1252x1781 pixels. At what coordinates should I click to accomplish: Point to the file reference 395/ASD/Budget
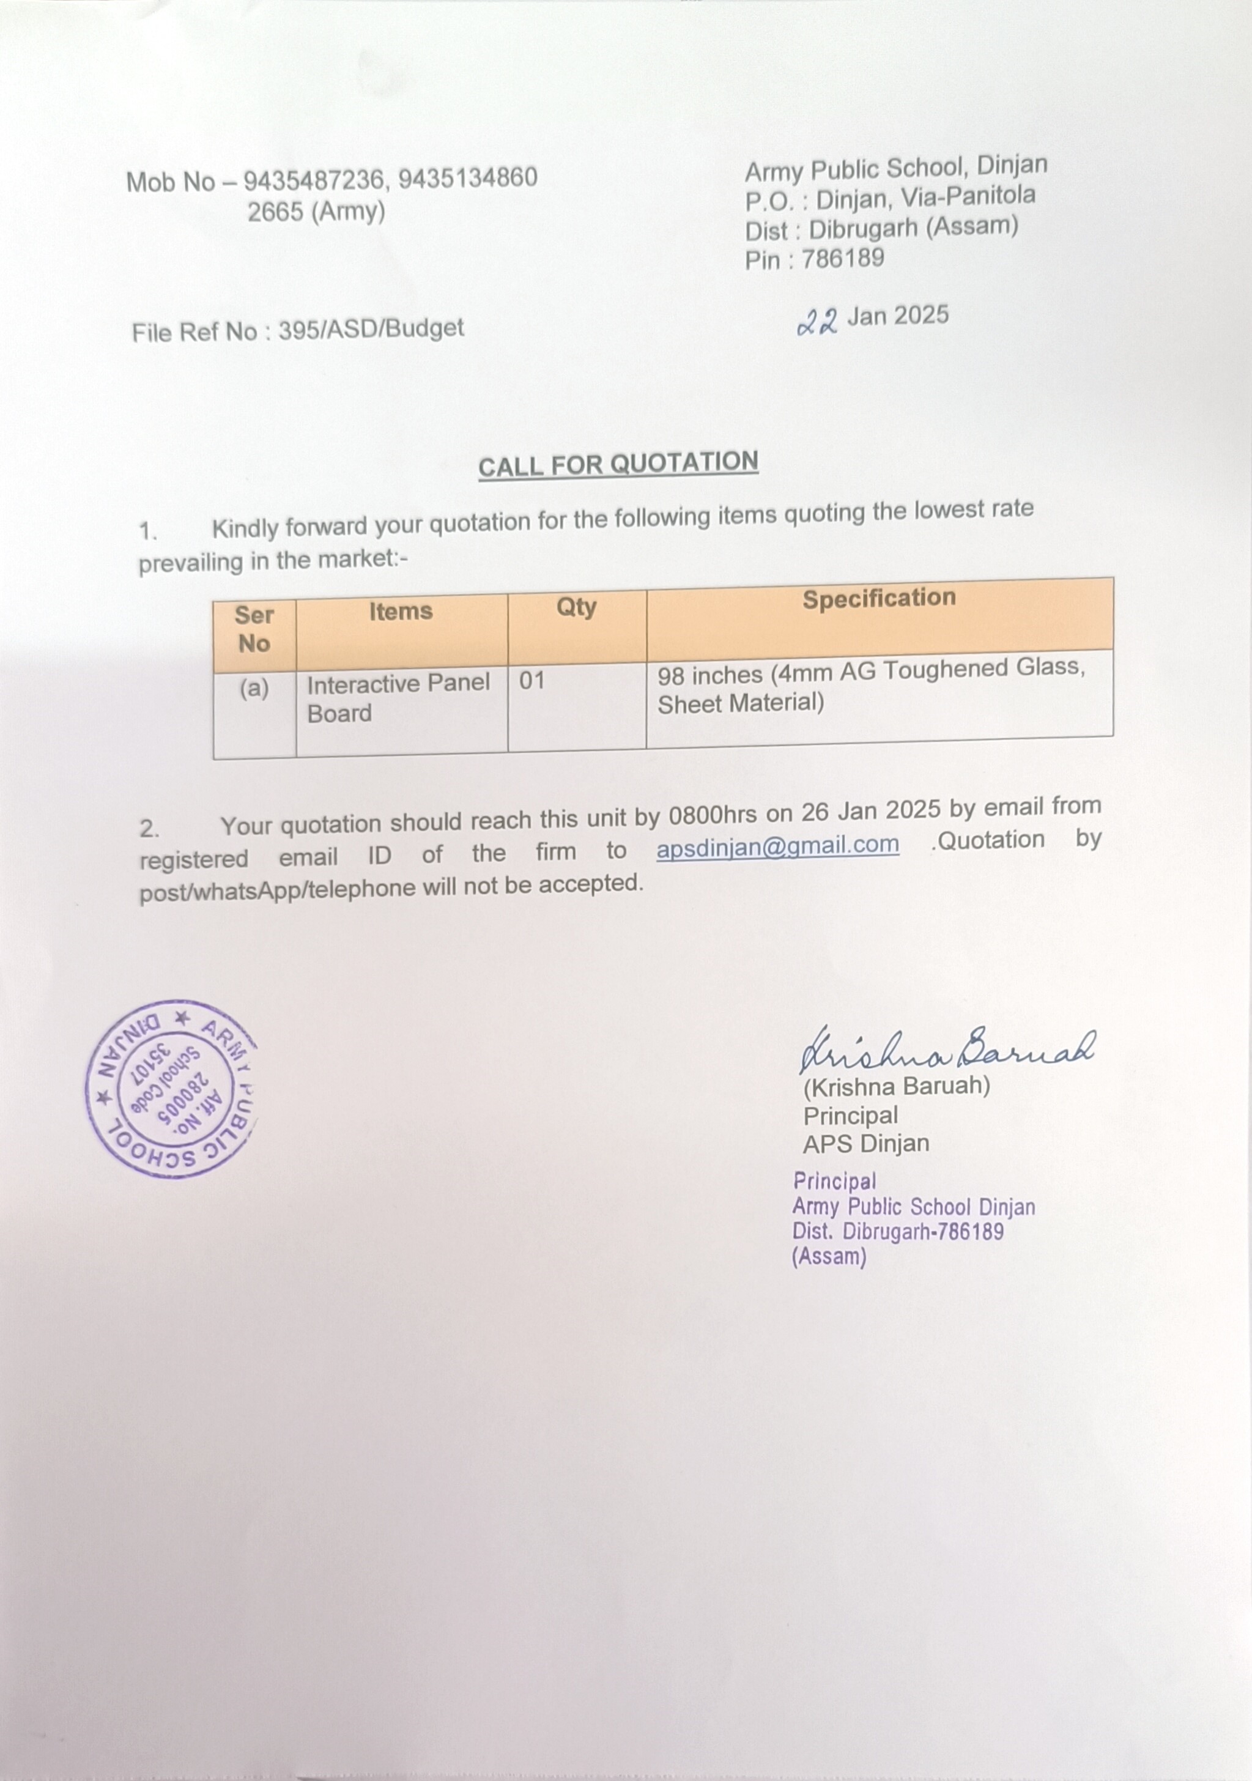371,329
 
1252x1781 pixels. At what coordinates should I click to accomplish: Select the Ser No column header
254,629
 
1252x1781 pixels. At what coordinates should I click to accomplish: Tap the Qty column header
576,607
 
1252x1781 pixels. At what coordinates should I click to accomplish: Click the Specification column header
879,598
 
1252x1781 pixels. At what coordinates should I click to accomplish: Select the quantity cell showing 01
532,681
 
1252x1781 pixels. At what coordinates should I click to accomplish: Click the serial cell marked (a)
254,688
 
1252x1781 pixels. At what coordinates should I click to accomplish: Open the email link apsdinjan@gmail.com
777,845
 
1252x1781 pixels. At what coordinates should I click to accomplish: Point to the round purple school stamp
171,1088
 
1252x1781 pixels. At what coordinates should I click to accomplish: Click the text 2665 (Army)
316,212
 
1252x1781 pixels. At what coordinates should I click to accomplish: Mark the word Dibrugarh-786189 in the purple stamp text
923,1232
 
